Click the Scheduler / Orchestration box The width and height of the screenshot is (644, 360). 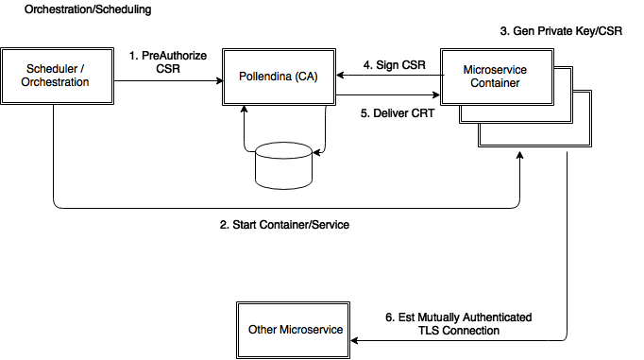[x=57, y=76]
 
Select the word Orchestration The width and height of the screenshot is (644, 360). [x=55, y=82]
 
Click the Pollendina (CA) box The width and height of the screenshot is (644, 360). [x=279, y=76]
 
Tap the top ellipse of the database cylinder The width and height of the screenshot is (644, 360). [x=283, y=150]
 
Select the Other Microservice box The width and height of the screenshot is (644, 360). [x=294, y=330]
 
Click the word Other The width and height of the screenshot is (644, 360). [x=263, y=330]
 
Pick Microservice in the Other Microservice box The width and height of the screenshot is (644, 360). [x=312, y=330]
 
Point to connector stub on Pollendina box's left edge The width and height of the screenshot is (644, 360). [x=223, y=79]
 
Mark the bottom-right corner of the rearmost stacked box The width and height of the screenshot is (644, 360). [x=590, y=146]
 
